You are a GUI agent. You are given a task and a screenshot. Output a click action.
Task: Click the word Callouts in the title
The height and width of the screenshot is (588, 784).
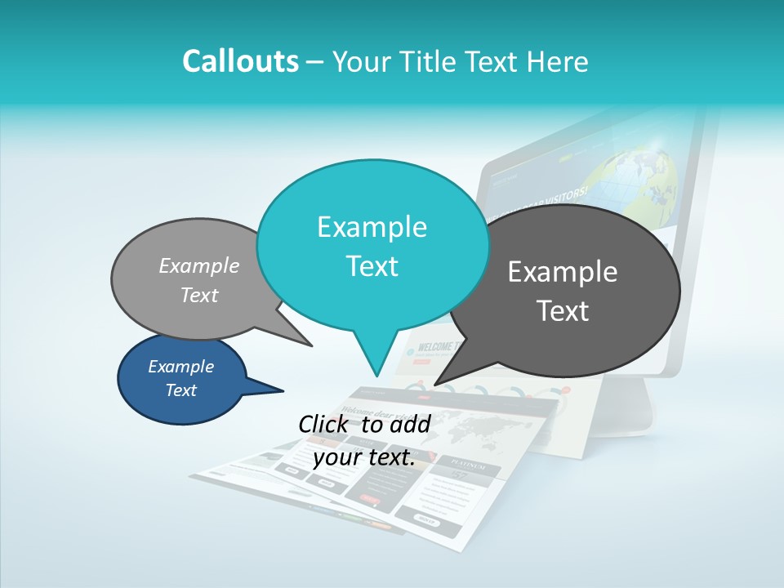coord(240,61)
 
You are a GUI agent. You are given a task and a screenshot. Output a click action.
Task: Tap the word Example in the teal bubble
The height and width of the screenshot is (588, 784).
coord(372,227)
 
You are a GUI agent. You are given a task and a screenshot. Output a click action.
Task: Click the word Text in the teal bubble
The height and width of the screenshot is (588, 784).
coord(372,266)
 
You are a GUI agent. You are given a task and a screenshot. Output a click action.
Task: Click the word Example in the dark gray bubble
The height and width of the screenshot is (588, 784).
coord(563,272)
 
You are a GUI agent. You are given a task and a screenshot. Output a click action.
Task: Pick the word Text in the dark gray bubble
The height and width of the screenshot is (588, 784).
coord(563,311)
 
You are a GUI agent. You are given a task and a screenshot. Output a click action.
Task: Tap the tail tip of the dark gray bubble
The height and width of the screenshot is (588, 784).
coord(435,384)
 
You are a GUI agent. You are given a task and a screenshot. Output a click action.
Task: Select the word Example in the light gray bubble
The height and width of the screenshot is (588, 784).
coord(199,265)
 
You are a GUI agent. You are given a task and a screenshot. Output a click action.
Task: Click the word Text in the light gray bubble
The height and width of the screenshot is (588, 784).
coord(199,295)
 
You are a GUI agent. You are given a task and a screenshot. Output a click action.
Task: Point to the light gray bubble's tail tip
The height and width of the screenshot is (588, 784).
coord(311,345)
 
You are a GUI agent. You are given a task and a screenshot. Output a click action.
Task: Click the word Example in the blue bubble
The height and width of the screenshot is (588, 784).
coord(180,367)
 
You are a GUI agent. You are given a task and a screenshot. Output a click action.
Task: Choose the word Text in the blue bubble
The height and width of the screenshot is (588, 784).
coord(180,390)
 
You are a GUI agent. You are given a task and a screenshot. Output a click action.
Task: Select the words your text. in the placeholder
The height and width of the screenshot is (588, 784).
coord(364,457)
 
